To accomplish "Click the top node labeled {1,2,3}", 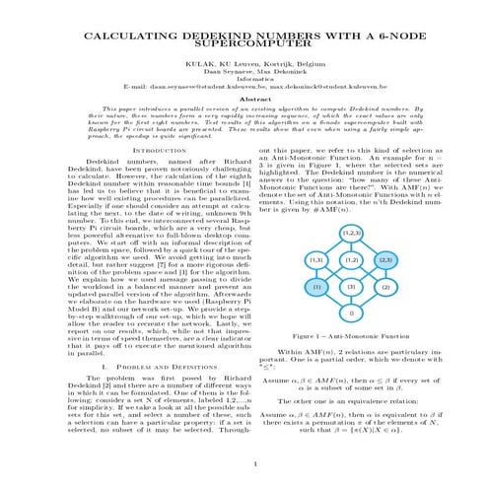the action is [352, 204].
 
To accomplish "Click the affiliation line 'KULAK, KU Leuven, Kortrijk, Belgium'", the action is [243, 61].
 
